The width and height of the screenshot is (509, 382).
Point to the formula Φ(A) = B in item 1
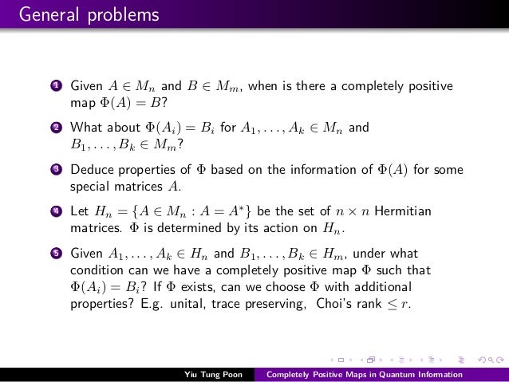[121, 102]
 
